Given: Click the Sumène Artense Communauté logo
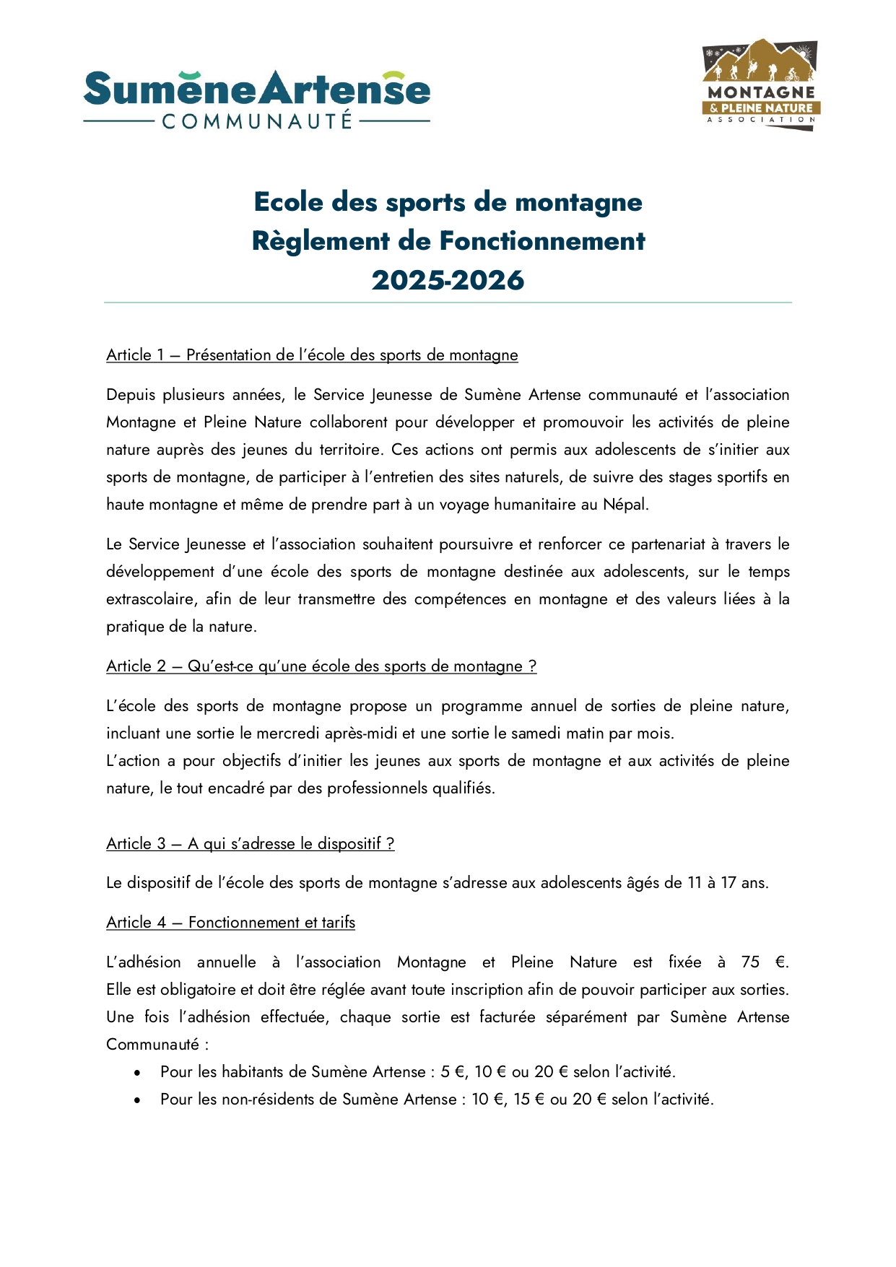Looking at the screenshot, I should click(x=256, y=100).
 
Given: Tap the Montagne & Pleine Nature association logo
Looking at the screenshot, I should click(x=760, y=84).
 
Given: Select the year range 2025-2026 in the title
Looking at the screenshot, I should click(x=448, y=280).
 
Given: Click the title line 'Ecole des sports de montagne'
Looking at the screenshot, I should click(x=448, y=202).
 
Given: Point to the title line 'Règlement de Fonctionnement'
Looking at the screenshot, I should click(x=448, y=241).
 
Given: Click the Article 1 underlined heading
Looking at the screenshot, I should click(x=312, y=355).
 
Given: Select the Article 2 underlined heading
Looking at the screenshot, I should click(x=321, y=666).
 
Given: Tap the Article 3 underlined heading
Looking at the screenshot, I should click(x=250, y=844).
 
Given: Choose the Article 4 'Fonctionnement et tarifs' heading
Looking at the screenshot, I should click(x=230, y=923).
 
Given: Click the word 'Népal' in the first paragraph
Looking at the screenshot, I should click(x=625, y=505).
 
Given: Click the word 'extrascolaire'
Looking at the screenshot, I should click(x=150, y=599).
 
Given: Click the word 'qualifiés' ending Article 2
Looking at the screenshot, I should click(x=463, y=788).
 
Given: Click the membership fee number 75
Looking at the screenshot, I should click(x=750, y=962).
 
